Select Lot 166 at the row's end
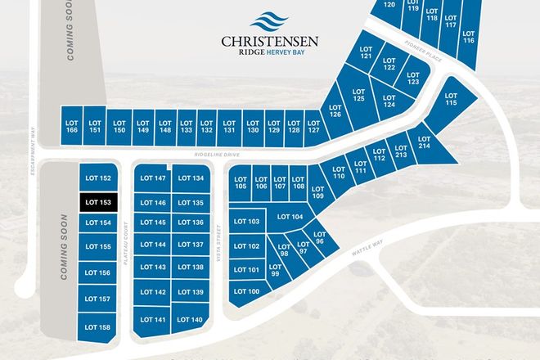pos(71,125)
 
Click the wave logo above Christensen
pos(269,20)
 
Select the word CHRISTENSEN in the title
pos(269,39)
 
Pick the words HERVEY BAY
pos(294,52)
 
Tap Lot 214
pos(423,141)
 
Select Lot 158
pos(97,326)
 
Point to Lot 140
pos(190,319)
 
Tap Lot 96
pos(319,238)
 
